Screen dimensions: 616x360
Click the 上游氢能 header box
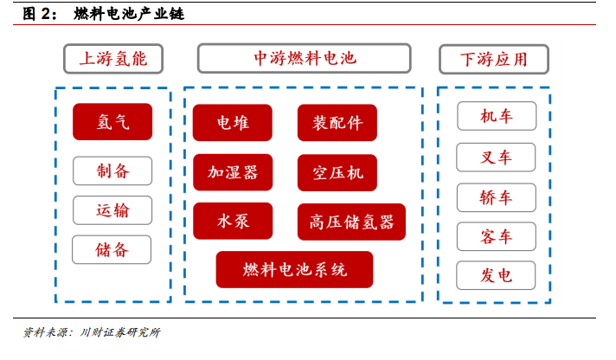(x=113, y=59)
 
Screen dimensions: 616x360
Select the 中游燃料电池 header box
(x=304, y=58)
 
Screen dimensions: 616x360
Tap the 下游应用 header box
(x=494, y=60)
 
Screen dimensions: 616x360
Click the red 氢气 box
(x=112, y=122)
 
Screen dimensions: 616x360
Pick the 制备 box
(x=112, y=171)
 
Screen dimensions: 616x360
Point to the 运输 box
(x=112, y=210)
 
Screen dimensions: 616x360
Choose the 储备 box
(x=112, y=249)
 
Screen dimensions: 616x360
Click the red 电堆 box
(x=233, y=123)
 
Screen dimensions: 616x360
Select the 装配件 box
(x=337, y=123)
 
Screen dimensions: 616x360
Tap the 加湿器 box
(x=233, y=172)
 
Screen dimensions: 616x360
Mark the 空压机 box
(x=337, y=172)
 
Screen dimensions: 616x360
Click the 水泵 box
(x=233, y=221)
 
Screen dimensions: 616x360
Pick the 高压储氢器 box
(x=351, y=222)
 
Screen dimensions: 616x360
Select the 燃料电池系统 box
(x=295, y=270)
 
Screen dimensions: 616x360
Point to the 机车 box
(x=497, y=116)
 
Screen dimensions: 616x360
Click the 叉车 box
(x=496, y=157)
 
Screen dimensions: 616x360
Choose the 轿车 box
(x=497, y=197)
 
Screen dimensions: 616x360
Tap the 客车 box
(x=497, y=236)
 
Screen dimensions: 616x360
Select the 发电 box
(x=496, y=275)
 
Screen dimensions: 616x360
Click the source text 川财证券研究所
(x=120, y=332)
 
